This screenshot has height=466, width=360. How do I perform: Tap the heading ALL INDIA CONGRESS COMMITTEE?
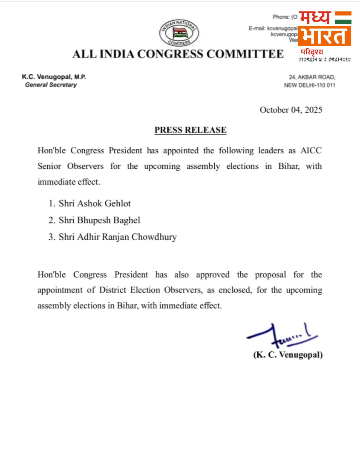pyautogui.click(x=178, y=54)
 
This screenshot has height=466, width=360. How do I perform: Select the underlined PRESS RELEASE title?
pyautogui.click(x=190, y=130)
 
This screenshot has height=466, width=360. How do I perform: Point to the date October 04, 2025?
pyautogui.click(x=291, y=110)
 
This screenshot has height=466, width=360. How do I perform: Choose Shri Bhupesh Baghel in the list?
pyautogui.click(x=99, y=220)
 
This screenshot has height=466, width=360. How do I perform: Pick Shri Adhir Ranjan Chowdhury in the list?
pyautogui.click(x=118, y=237)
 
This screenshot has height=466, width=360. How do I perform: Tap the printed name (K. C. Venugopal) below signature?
pyautogui.click(x=288, y=354)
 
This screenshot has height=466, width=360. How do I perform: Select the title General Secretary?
pyautogui.click(x=51, y=85)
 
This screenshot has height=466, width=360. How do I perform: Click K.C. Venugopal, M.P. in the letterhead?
pyautogui.click(x=54, y=77)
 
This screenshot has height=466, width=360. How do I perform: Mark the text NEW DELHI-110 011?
pyautogui.click(x=309, y=85)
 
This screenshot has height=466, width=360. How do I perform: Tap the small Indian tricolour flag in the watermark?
pyautogui.click(x=343, y=17)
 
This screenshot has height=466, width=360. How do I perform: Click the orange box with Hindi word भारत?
pyautogui.click(x=325, y=36)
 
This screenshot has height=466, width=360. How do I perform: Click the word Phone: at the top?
pyautogui.click(x=281, y=17)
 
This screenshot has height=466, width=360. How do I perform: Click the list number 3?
pyautogui.click(x=52, y=237)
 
